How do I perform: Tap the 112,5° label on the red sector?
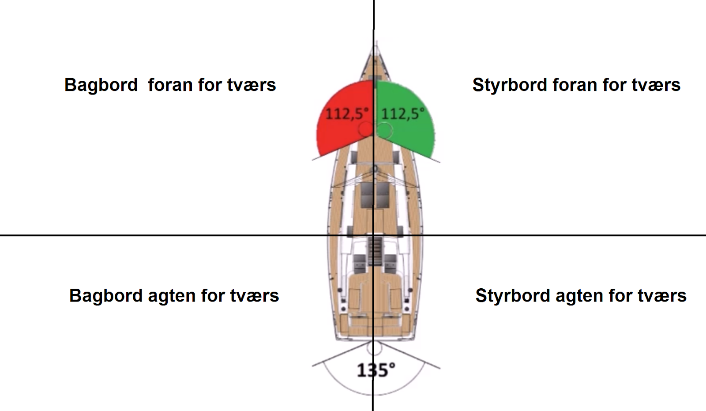[x=347, y=114]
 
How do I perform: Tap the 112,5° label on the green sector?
[x=403, y=114]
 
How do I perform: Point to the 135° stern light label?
[x=376, y=370]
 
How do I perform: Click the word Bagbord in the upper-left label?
[x=101, y=85]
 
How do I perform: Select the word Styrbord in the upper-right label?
[x=509, y=85]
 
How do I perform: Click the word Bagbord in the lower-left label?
[x=105, y=296]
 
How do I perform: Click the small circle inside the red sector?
[x=366, y=129]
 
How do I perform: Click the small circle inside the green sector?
[x=384, y=130]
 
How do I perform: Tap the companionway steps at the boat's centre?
[x=375, y=251]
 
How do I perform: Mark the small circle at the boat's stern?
[x=375, y=348]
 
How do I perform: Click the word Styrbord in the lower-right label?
[x=512, y=296]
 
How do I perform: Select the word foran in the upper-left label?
[x=170, y=85]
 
